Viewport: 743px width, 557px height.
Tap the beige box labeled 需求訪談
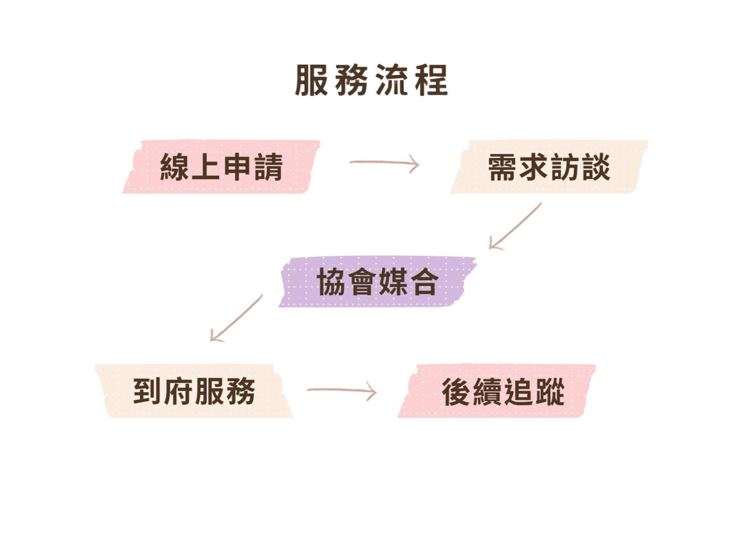(x=549, y=167)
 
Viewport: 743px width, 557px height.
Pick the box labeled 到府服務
(x=194, y=391)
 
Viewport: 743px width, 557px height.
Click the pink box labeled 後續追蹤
(x=503, y=391)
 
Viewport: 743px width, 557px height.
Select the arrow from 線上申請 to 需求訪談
(x=384, y=163)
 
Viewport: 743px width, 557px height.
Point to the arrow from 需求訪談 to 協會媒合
(x=515, y=226)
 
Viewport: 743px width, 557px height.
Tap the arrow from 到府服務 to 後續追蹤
(x=342, y=391)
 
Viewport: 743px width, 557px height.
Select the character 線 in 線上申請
(x=175, y=167)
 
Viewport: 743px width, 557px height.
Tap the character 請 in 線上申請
(x=268, y=167)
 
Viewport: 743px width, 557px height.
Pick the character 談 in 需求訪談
(x=595, y=167)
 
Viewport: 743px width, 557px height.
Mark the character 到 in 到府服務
(x=148, y=391)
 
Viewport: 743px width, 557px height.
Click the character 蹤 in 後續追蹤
(x=550, y=392)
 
